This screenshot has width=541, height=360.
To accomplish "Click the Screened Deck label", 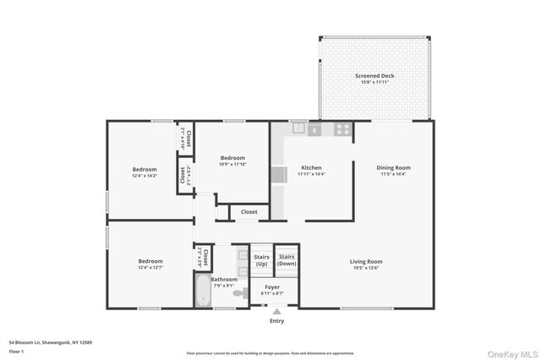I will (x=374, y=76).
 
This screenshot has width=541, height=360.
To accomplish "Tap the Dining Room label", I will (x=393, y=167).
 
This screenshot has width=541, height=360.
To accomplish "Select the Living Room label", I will (x=366, y=261).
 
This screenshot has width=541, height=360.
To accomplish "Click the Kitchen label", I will (x=311, y=167).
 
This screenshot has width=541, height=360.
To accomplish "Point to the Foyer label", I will (x=272, y=286).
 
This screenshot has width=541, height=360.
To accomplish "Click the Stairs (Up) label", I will (x=261, y=260).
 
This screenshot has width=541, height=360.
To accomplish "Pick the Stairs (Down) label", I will (x=287, y=260).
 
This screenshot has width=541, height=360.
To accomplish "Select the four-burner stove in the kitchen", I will (x=342, y=129).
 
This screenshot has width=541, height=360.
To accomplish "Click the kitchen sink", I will (x=298, y=129).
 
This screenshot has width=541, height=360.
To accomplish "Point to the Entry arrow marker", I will (x=276, y=311).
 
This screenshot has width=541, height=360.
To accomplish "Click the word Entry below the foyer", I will (x=276, y=321).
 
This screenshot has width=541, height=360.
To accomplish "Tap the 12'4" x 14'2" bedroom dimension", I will (x=144, y=176).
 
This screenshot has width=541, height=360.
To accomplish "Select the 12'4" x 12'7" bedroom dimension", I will (x=150, y=269).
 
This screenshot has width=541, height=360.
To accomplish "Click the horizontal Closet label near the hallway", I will (x=249, y=212).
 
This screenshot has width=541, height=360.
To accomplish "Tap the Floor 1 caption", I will (x=16, y=349).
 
